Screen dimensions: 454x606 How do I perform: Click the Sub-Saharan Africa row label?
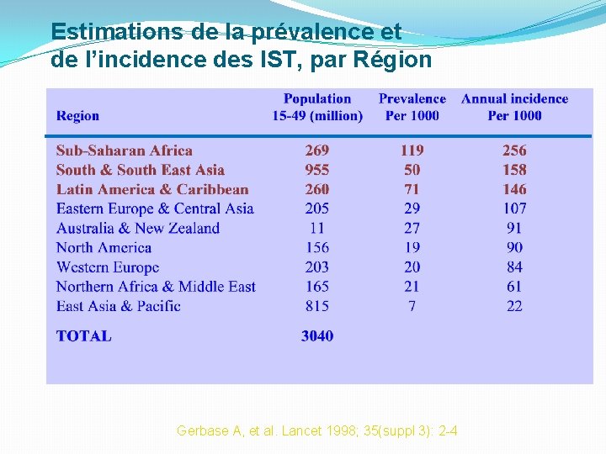[125, 150]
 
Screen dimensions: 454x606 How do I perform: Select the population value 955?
[317, 170]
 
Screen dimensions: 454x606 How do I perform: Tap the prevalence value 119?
[412, 150]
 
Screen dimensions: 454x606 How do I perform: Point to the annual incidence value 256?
[514, 150]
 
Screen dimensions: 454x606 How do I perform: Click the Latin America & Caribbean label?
[152, 189]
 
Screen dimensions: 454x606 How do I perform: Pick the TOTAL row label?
[83, 336]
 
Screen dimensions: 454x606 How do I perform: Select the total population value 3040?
[317, 336]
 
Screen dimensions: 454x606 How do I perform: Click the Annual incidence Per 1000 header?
[514, 107]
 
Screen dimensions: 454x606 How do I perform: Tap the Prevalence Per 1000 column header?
[412, 107]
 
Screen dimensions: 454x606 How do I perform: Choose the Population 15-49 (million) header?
[317, 107]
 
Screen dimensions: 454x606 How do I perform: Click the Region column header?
[77, 116]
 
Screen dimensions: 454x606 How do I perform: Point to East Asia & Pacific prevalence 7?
[412, 306]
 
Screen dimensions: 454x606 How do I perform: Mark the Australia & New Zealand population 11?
[317, 228]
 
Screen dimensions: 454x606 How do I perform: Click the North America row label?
[104, 248]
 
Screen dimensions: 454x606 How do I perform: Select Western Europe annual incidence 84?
[514, 267]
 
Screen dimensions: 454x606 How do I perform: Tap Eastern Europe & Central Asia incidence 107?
[514, 209]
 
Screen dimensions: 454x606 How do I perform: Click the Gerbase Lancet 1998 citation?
[317, 431]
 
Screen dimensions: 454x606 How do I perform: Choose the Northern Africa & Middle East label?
[156, 287]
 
